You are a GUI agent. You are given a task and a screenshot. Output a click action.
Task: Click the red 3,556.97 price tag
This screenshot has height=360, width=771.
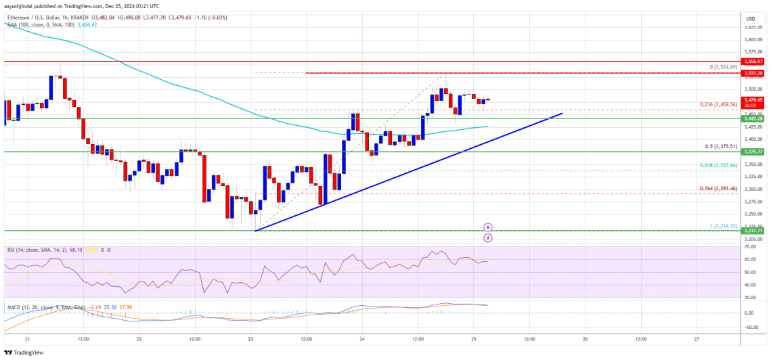click(753, 61)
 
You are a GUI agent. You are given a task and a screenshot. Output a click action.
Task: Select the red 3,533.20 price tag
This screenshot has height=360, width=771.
click(753, 72)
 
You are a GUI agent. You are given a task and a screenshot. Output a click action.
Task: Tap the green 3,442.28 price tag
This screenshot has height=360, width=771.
click(753, 118)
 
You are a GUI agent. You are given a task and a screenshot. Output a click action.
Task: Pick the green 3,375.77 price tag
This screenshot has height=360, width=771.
click(753, 152)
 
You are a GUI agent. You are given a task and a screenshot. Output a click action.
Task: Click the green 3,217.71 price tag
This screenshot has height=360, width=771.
click(753, 231)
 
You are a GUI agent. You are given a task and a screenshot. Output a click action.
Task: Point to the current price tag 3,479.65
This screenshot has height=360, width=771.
click(753, 99)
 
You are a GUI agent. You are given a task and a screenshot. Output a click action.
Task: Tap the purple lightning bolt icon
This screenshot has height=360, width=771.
click(488, 238)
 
